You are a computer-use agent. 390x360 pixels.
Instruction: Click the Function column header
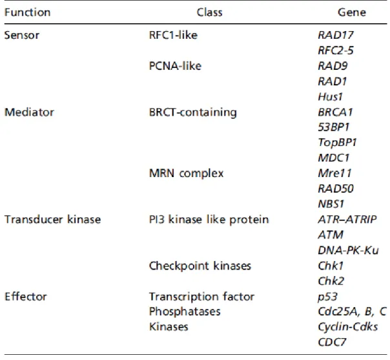27,12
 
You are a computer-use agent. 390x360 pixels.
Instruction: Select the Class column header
209,12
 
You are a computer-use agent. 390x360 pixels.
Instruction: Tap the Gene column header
352,12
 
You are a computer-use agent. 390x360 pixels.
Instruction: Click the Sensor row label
22,35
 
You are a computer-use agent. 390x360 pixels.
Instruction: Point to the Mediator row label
29,112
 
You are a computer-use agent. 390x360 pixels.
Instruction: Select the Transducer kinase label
52,220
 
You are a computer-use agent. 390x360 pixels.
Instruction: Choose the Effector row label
26,297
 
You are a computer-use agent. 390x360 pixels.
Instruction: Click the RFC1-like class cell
173,35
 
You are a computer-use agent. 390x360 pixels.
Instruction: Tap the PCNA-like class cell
175,66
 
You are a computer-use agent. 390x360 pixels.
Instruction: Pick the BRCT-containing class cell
193,112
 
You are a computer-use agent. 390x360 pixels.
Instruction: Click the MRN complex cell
187,173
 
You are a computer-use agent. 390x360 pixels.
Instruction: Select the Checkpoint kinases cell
200,266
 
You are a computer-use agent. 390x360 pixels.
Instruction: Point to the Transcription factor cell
201,297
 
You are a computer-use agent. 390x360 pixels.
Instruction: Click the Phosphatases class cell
185,312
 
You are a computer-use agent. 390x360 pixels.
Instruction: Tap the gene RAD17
336,35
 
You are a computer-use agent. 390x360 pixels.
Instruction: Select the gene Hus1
331,97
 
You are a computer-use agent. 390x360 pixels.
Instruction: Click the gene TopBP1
338,143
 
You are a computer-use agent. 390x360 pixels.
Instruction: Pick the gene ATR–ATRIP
347,220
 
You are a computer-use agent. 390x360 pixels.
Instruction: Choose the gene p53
328,297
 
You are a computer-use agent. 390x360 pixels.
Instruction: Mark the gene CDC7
332,343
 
